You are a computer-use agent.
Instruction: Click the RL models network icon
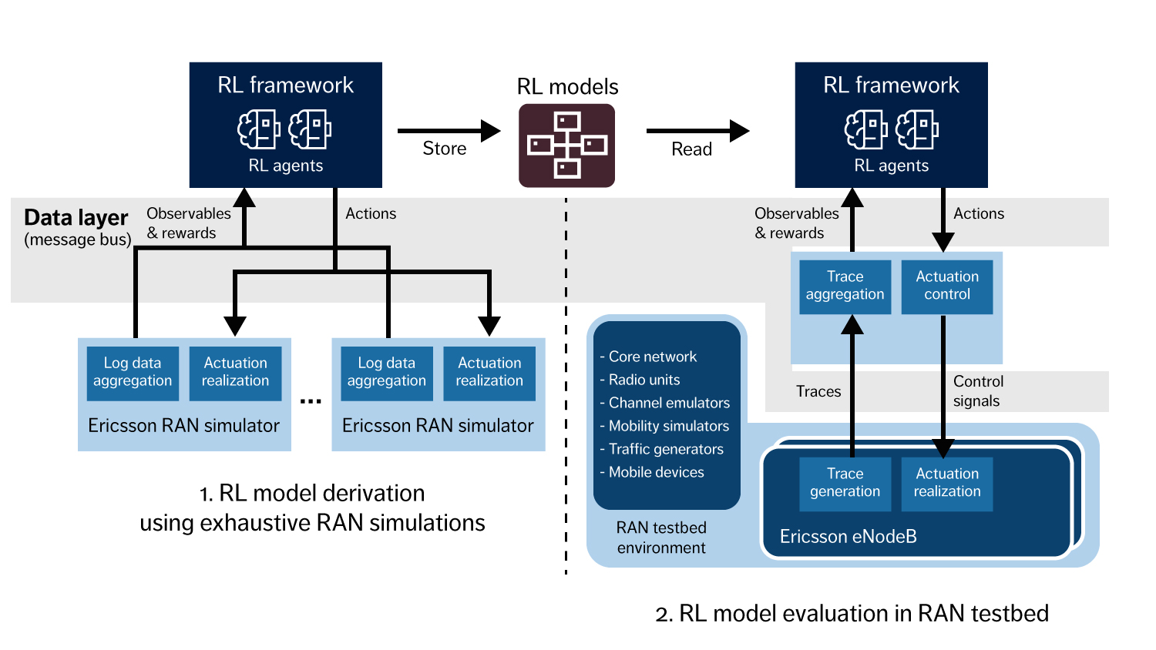tap(566, 145)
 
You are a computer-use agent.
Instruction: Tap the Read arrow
tap(697, 131)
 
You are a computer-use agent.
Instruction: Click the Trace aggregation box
tap(845, 286)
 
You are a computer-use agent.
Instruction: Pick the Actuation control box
tap(947, 286)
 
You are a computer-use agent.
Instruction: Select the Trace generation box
tap(845, 484)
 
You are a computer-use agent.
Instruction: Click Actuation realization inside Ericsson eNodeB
tap(947, 484)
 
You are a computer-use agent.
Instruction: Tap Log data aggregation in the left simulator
tap(133, 373)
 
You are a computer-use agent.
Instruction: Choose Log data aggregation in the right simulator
tap(386, 373)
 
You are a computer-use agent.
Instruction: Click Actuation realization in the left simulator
tap(235, 373)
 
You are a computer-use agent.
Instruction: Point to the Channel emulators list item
tap(668, 403)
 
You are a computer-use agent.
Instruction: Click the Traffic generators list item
tap(665, 449)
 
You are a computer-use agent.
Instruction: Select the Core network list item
tap(652, 357)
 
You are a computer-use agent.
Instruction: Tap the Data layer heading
tap(76, 218)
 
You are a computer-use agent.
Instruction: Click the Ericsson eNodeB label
tap(848, 537)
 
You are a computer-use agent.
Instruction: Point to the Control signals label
tap(978, 391)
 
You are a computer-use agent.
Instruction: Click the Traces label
tap(818, 391)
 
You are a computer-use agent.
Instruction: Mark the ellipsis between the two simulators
tap(311, 401)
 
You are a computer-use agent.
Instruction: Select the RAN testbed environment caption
tap(661, 538)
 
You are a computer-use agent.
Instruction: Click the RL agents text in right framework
tap(891, 166)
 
